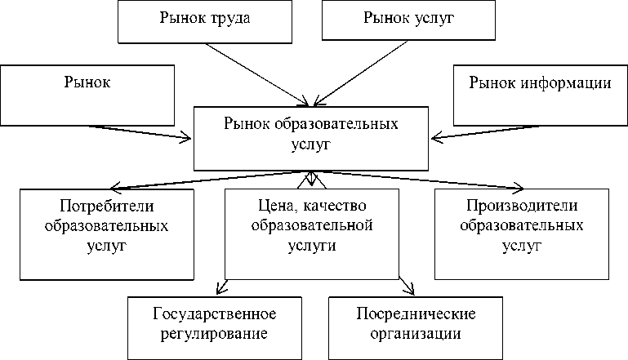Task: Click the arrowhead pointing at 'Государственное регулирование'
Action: [x=220, y=287]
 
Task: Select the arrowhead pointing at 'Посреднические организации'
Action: [x=410, y=288]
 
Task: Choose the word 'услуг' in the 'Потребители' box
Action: [x=107, y=244]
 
